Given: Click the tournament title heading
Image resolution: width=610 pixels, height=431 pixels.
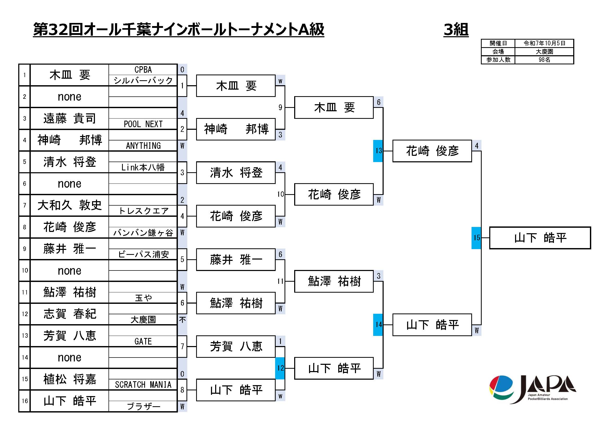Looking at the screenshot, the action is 179,29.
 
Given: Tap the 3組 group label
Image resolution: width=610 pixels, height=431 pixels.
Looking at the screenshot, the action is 456,29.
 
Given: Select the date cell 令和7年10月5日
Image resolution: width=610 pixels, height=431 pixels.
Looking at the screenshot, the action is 544,43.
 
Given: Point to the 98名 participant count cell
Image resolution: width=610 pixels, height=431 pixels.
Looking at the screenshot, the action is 544,60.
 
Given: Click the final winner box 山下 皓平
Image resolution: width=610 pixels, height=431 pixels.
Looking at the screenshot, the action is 540,238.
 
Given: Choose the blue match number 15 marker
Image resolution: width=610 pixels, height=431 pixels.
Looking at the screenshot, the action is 476,238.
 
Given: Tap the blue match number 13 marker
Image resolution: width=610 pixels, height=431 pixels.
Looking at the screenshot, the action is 378,151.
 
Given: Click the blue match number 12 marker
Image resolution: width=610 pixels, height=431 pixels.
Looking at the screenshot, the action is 280,368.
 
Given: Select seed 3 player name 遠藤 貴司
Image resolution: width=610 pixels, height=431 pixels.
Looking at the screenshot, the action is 69,118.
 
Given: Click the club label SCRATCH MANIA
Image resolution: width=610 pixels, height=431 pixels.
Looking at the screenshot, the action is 143,385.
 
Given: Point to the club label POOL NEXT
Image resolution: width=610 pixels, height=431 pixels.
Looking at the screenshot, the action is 143,124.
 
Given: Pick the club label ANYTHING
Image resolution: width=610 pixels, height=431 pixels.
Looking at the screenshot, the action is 143,146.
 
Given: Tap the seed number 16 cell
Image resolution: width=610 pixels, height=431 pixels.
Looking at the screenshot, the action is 25,401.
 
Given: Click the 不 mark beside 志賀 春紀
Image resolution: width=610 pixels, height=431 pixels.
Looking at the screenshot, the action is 182,319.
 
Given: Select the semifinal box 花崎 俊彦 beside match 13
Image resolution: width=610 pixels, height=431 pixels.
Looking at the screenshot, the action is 432,151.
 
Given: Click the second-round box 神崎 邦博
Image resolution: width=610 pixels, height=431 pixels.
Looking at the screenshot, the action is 236,129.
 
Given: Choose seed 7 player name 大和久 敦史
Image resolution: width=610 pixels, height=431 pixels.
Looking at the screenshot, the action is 69,205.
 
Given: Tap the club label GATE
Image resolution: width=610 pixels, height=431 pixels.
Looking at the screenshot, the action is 143,341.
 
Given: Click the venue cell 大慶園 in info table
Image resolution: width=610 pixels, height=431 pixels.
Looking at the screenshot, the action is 544,52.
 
